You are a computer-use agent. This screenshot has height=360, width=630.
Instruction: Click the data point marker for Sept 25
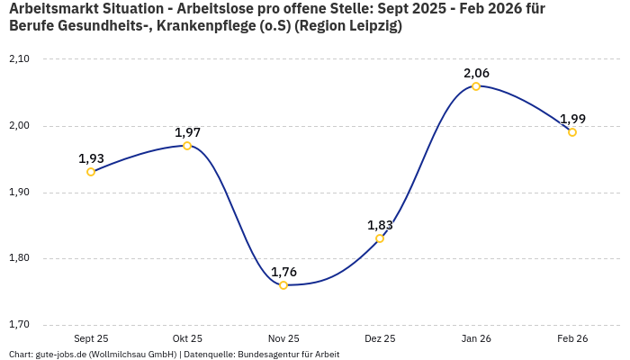click(91, 172)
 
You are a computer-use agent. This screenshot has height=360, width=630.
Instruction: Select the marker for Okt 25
click(187, 145)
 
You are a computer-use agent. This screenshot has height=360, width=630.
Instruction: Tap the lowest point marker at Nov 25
click(283, 285)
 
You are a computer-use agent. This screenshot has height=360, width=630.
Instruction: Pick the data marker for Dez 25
click(380, 238)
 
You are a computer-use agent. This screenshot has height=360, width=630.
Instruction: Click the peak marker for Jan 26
click(476, 86)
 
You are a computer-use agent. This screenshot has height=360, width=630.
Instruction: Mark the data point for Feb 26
click(572, 132)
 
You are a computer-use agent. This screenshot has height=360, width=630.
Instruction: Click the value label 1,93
click(91, 158)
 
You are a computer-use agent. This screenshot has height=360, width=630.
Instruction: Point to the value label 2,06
click(476, 73)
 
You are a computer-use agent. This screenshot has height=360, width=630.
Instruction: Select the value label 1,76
click(283, 272)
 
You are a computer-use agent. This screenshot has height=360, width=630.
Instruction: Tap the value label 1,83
click(380, 225)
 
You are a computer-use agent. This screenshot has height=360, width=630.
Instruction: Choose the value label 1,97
click(187, 132)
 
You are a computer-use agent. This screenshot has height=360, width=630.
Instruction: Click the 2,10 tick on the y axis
click(19, 59)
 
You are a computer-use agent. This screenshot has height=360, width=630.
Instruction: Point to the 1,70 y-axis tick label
click(19, 325)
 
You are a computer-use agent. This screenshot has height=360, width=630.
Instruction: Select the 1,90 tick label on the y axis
click(19, 193)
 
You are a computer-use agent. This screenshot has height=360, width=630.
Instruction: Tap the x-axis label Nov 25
click(283, 339)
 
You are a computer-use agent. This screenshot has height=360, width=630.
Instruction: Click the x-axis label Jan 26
click(476, 339)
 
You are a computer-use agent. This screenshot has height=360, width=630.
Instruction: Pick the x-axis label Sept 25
click(91, 339)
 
